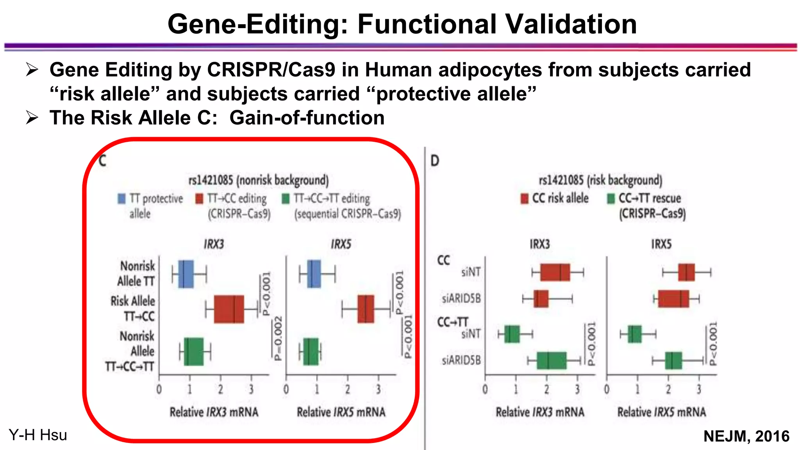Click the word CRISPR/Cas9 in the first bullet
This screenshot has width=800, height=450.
click(x=271, y=70)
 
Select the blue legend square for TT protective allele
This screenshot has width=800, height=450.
click(x=122, y=199)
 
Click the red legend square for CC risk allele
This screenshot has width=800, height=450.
click(x=524, y=198)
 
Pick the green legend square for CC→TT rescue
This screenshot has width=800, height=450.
click(x=611, y=198)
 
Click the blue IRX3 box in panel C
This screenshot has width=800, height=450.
click(x=186, y=274)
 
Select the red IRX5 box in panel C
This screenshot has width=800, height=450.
click(x=366, y=309)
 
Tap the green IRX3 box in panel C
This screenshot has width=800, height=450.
click(x=194, y=352)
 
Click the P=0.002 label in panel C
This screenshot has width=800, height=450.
click(x=278, y=338)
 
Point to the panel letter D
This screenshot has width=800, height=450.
click(x=435, y=161)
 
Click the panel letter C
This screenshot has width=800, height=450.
click(x=102, y=161)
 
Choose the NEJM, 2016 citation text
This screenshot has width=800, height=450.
click(x=746, y=436)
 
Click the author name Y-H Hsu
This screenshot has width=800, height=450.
click(x=38, y=435)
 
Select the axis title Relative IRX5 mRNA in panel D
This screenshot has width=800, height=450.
click(x=661, y=412)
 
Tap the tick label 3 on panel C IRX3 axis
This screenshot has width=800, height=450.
click(x=251, y=389)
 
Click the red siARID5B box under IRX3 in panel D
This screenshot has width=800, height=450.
click(x=541, y=299)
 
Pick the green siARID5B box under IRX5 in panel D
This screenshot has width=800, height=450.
click(x=673, y=361)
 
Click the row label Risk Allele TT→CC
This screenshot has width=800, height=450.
click(x=133, y=309)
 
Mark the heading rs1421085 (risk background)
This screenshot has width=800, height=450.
click(x=600, y=180)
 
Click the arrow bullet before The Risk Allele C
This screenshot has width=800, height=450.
click(x=32, y=118)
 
